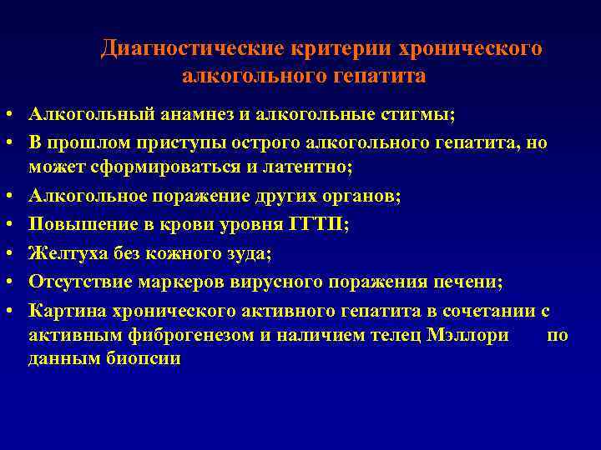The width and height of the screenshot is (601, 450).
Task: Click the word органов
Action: tap(360, 197)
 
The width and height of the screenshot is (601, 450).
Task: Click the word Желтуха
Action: tap(63, 254)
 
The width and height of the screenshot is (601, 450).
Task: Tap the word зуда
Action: tap(249, 254)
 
